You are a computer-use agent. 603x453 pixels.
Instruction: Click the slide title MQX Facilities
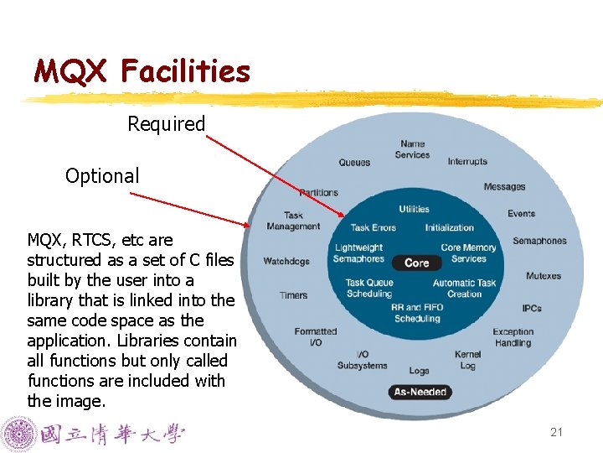click(142, 71)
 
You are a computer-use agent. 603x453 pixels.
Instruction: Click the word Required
click(166, 124)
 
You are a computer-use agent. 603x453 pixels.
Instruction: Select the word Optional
click(102, 176)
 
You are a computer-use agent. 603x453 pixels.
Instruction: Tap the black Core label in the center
click(416, 263)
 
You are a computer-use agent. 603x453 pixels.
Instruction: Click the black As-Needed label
click(420, 392)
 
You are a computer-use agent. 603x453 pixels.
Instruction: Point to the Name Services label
click(412, 149)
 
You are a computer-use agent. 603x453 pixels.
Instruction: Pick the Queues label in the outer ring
click(354, 163)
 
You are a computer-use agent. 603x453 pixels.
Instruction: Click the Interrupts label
click(467, 161)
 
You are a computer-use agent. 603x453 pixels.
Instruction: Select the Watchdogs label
click(286, 261)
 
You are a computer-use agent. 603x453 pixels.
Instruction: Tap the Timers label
click(294, 295)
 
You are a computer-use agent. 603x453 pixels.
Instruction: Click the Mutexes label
click(544, 276)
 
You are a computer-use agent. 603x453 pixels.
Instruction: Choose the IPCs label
click(532, 308)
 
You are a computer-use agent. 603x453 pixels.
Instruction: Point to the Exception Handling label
click(513, 337)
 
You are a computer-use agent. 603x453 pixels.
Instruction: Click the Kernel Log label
click(468, 360)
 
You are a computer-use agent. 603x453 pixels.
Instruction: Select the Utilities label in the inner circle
click(414, 209)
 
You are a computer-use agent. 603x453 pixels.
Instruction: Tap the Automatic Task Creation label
click(465, 289)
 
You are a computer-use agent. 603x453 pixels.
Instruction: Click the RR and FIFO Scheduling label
click(417, 313)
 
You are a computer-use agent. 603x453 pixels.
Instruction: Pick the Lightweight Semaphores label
click(358, 253)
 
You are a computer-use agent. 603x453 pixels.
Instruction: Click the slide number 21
click(556, 433)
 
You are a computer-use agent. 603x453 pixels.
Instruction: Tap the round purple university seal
click(18, 434)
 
